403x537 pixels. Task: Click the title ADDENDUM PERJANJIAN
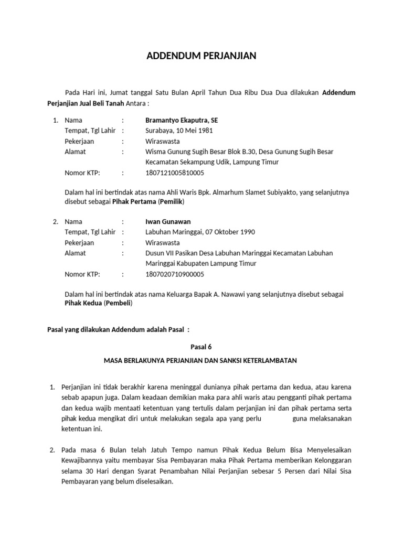click(x=201, y=56)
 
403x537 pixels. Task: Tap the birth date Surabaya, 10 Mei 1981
click(x=179, y=131)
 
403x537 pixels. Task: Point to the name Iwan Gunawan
click(x=168, y=222)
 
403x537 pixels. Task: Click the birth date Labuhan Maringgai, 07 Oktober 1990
click(x=200, y=232)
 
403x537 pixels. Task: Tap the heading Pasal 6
click(x=201, y=347)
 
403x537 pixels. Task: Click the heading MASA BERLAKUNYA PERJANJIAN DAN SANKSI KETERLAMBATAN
click(x=201, y=361)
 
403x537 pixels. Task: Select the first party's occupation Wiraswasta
click(x=162, y=141)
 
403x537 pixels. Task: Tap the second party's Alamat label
click(x=75, y=253)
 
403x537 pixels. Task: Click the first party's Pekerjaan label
click(x=79, y=141)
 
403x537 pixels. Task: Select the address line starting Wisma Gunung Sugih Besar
click(x=239, y=152)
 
